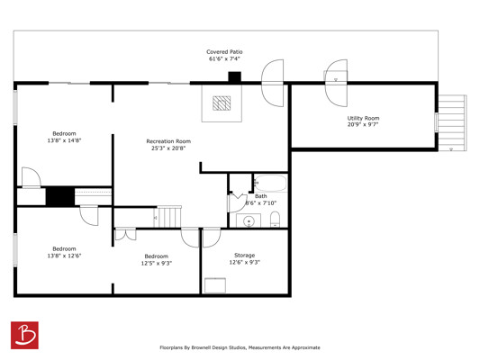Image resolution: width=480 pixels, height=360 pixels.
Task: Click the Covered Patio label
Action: [224, 52]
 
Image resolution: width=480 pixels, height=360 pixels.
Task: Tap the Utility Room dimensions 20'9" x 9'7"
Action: [363, 124]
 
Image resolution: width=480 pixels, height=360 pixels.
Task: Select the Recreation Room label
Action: [168, 141]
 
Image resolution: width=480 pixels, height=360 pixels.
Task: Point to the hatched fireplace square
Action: [222, 103]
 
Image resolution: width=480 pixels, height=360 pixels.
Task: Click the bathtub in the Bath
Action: [270, 183]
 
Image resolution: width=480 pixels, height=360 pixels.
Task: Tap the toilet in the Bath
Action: [276, 220]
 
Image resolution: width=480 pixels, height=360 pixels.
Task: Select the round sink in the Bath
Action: [249, 220]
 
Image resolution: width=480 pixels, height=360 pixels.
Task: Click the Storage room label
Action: [245, 255]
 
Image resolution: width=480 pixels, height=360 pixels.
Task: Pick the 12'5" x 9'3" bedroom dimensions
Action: [157, 264]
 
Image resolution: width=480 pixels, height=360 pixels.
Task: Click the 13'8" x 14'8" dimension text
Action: [64, 140]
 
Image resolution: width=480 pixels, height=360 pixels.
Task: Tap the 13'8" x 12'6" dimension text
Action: [64, 256]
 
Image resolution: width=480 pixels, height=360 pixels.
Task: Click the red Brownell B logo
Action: [24, 335]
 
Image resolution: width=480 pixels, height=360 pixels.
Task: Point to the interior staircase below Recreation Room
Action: [169, 217]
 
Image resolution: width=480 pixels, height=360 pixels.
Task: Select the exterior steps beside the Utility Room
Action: [452, 123]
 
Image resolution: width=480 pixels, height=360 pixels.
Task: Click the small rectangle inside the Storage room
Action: [215, 285]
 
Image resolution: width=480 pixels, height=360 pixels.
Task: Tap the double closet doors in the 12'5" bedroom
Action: [125, 234]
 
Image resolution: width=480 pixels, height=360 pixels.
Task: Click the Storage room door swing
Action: [212, 238]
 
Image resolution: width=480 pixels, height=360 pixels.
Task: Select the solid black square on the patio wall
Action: [235, 77]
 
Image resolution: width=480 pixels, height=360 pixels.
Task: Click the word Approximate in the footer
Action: [306, 347]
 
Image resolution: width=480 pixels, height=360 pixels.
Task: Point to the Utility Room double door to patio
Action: [336, 83]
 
